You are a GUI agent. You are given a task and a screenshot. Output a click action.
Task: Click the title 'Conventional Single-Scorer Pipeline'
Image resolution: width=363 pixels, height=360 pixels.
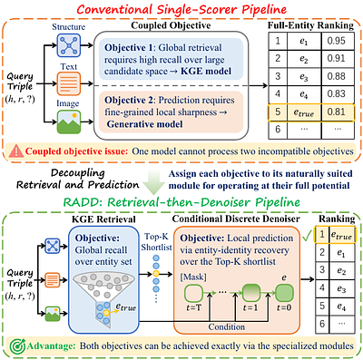point(181,11)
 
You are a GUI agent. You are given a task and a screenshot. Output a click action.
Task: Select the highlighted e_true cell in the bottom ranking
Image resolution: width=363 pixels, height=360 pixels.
point(344,237)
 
